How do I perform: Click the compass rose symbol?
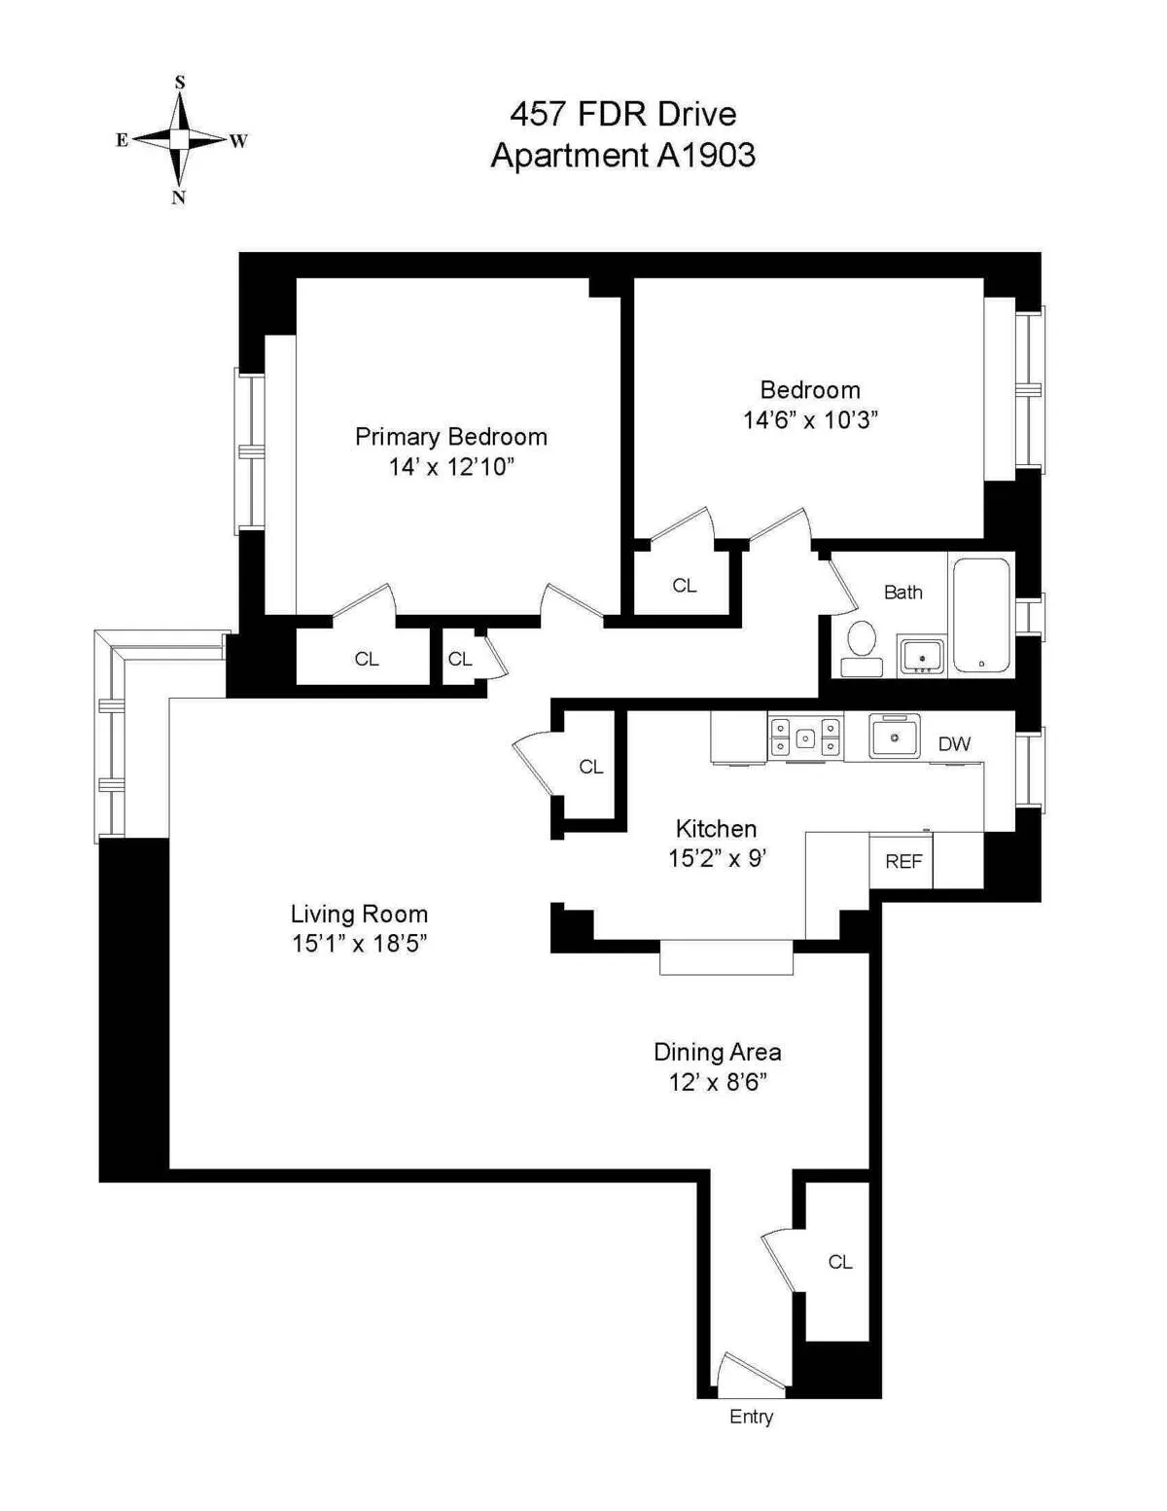180,140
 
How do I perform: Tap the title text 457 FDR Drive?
622,114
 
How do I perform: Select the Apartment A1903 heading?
622,156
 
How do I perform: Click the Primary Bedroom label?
450,437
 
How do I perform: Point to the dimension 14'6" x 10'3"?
810,420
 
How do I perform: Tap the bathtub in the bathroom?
981,614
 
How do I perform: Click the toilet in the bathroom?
861,647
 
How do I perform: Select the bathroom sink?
921,656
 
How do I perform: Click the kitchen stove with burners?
805,738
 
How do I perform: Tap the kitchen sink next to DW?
895,737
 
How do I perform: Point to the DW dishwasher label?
954,744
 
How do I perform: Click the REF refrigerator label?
902,861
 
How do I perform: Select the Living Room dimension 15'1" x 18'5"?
359,944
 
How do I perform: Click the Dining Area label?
717,1052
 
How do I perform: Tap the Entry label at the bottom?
751,1417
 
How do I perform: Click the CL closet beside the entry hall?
839,1262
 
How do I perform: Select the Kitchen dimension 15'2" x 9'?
717,858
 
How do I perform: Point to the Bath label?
902,592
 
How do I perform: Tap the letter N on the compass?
179,198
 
